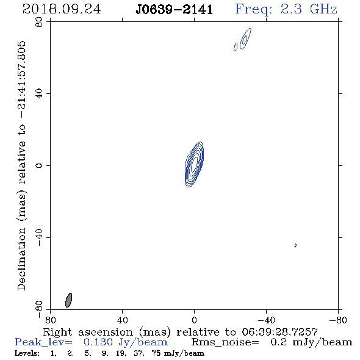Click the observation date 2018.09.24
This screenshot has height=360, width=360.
tap(62, 9)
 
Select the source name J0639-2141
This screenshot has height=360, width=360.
tap(175, 10)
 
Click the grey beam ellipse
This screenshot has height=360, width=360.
tap(69, 300)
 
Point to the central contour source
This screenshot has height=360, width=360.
tap(194, 164)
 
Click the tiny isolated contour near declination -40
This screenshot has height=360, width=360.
tap(295, 245)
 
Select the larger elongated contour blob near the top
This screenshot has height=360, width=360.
tap(246, 38)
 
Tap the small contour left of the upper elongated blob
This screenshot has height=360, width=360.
tap(236, 47)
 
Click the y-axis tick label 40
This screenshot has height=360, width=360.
tap(39, 94)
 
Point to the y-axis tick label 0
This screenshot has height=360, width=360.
tap(39, 165)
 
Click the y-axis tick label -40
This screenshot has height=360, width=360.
tap(39, 237)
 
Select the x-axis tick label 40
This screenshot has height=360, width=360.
tap(123, 320)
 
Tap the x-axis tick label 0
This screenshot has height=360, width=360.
tap(194, 320)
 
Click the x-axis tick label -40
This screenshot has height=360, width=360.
tap(266, 320)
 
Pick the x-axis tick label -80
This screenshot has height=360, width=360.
tap(338, 320)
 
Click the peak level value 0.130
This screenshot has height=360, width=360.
tap(98, 342)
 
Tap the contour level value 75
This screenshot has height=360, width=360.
tap(156, 353)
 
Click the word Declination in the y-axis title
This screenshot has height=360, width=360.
tap(21, 259)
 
